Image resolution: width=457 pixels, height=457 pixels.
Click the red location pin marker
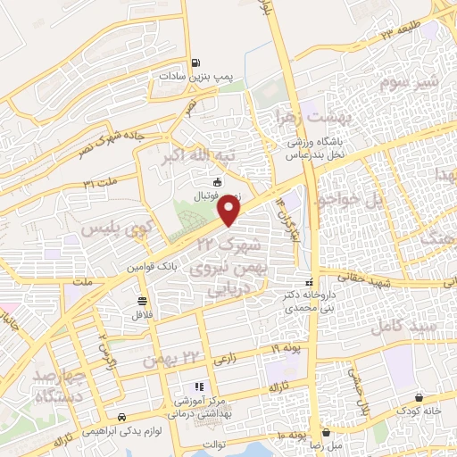tap(230, 211)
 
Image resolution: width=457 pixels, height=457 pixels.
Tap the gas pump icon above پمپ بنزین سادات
tap(195, 63)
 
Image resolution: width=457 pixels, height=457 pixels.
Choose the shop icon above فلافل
tap(143, 301)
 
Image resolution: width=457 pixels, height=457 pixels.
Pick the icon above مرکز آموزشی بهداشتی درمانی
tap(199, 386)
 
